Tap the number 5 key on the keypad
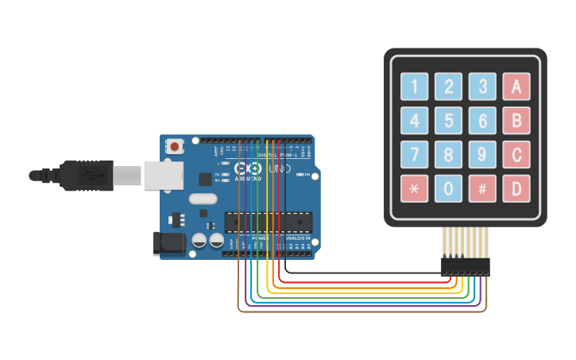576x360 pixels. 448,120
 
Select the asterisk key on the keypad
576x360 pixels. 414,189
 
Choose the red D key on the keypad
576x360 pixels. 516,189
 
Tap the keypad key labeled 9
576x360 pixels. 482,154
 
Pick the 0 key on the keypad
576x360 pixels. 448,189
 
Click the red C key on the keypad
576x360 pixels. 516,154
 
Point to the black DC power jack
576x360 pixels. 168,243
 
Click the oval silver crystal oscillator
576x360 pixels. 203,199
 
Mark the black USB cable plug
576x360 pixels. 87,176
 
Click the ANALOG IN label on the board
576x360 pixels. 298,238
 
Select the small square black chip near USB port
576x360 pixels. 206,180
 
